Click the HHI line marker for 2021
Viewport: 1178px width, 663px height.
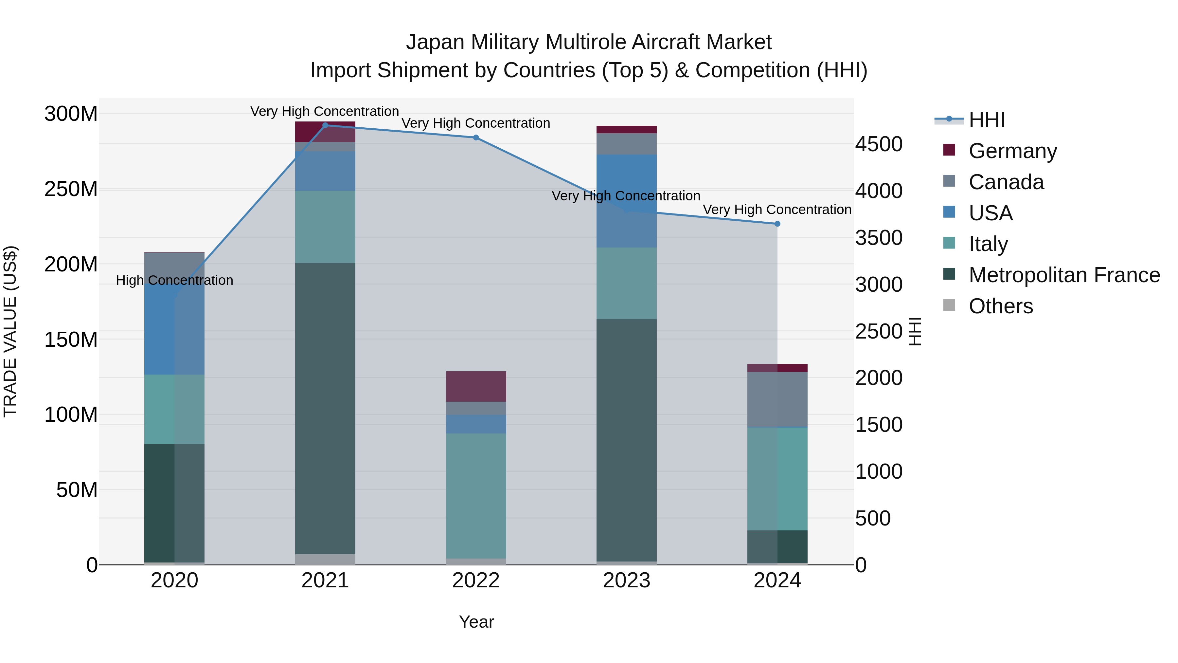pos(325,125)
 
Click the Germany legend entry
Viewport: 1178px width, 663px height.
pos(1012,151)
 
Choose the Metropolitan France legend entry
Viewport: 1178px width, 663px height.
pos(1064,275)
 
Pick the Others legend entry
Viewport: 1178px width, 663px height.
pos(1001,306)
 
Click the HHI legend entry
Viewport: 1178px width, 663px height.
pos(986,120)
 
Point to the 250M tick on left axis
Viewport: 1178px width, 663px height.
pos(71,189)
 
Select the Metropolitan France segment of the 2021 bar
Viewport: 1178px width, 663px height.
pos(325,408)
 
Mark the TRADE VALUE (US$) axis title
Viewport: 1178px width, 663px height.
pos(10,331)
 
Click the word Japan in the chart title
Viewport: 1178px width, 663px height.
pos(435,42)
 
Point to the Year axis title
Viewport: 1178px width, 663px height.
pos(476,622)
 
